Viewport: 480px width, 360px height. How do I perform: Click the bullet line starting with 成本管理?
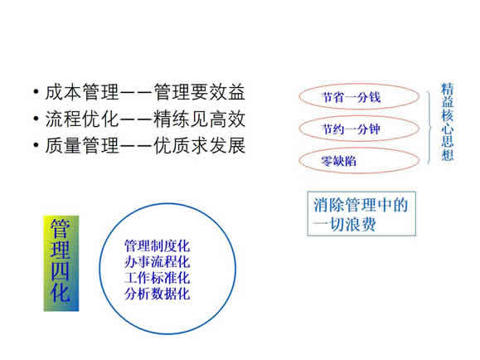[145, 92]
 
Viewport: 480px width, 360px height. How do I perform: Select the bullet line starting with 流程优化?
[145, 119]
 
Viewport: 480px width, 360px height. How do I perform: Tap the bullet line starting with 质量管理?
[145, 145]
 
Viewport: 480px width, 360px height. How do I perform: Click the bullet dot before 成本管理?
[36, 92]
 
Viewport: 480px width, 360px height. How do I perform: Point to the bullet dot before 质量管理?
[36, 145]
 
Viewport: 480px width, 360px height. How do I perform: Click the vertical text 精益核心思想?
[447, 122]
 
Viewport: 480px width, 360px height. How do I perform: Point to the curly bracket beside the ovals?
[429, 128]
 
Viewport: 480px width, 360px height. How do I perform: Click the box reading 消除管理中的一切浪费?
[361, 214]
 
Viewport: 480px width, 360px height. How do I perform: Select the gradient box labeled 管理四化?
[61, 264]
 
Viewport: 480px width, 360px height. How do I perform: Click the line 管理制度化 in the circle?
[157, 246]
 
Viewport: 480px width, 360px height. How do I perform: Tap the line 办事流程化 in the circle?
[157, 261]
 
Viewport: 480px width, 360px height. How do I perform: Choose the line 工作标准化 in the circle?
[157, 278]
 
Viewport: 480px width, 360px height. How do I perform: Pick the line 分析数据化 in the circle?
[157, 294]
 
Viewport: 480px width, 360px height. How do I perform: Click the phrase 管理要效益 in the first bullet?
[199, 92]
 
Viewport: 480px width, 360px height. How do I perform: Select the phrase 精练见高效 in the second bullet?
[199, 119]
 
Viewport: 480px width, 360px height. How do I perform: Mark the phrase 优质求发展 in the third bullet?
[199, 145]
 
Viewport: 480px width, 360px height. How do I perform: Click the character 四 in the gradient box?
[61, 271]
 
